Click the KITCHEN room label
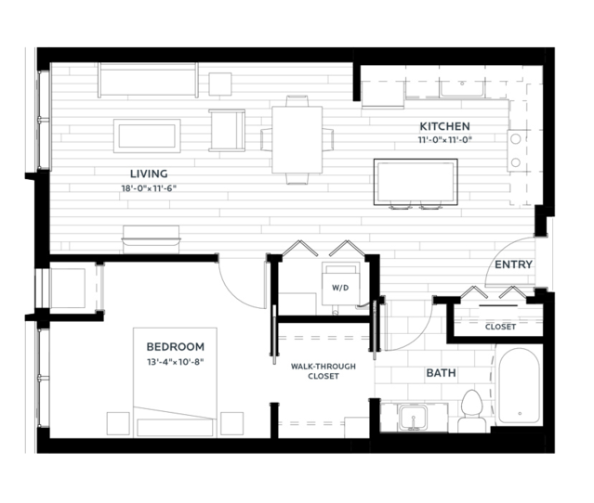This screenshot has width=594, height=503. (x=444, y=126)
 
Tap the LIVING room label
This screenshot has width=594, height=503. (x=149, y=174)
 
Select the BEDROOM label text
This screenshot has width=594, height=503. (x=176, y=347)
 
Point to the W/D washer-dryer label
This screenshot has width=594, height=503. (x=340, y=288)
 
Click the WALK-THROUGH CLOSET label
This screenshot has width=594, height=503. (x=323, y=371)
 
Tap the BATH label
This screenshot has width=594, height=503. (x=441, y=373)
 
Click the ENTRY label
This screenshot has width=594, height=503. (x=514, y=264)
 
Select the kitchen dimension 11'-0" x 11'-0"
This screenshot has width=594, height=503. (x=444, y=140)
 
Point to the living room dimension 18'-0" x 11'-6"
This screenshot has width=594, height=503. (x=149, y=188)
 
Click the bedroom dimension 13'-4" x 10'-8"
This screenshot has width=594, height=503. (x=176, y=362)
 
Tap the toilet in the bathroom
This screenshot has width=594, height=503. (x=472, y=411)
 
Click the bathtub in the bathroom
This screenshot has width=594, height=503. (x=520, y=386)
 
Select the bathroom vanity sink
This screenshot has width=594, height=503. (x=414, y=418)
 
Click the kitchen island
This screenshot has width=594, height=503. (x=416, y=182)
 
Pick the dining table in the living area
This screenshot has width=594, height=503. (x=297, y=140)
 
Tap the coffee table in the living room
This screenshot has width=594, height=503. (x=147, y=135)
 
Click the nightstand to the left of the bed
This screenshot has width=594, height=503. (x=118, y=423)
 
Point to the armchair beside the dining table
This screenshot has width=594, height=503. (x=227, y=130)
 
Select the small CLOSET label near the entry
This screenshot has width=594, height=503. (x=500, y=327)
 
